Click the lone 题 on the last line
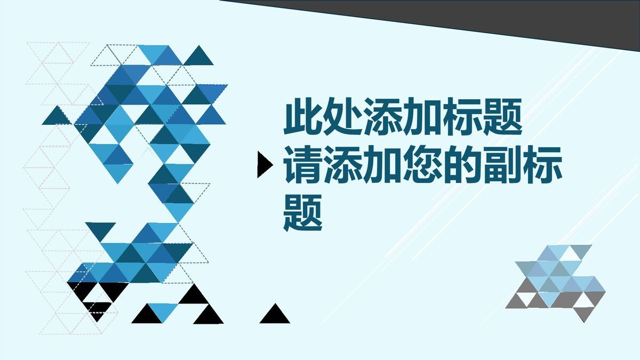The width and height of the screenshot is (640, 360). [x=302, y=213]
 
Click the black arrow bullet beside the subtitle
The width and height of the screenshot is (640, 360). [x=263, y=164]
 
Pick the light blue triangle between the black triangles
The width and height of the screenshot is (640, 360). [x=162, y=312]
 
